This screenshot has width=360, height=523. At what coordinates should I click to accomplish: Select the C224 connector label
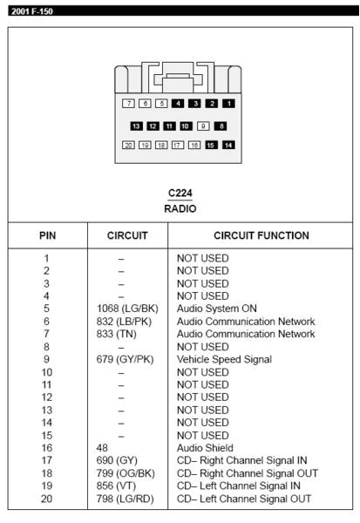(180, 193)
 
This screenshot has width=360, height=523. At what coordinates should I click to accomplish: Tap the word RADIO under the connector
(180, 208)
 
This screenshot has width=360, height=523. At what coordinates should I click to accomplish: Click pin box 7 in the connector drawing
(128, 104)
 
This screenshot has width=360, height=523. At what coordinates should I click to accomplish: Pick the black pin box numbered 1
(228, 104)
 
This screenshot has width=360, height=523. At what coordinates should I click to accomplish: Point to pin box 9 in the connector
(202, 126)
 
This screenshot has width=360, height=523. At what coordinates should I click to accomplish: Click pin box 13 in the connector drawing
(136, 126)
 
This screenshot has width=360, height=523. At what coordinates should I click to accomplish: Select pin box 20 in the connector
(128, 145)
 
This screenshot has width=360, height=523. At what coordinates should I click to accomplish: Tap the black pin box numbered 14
(228, 145)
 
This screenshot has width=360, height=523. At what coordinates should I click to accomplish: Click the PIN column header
(47, 236)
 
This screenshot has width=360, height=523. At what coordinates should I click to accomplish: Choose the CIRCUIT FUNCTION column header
(261, 236)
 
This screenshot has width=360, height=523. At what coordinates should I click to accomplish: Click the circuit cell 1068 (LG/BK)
(127, 309)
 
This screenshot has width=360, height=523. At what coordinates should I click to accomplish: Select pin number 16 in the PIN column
(47, 448)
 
